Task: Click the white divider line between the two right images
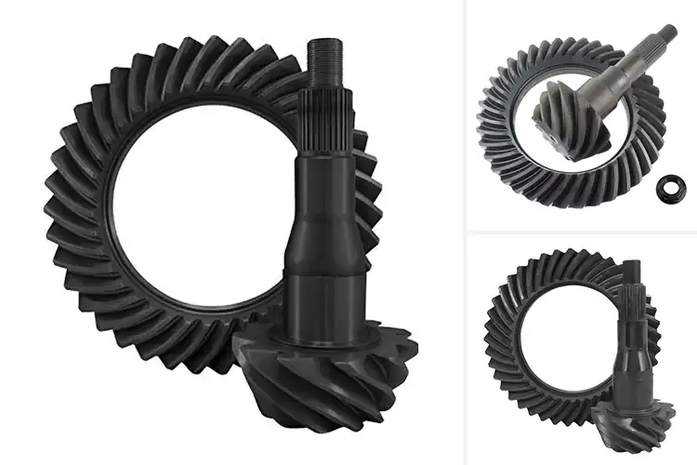581,232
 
